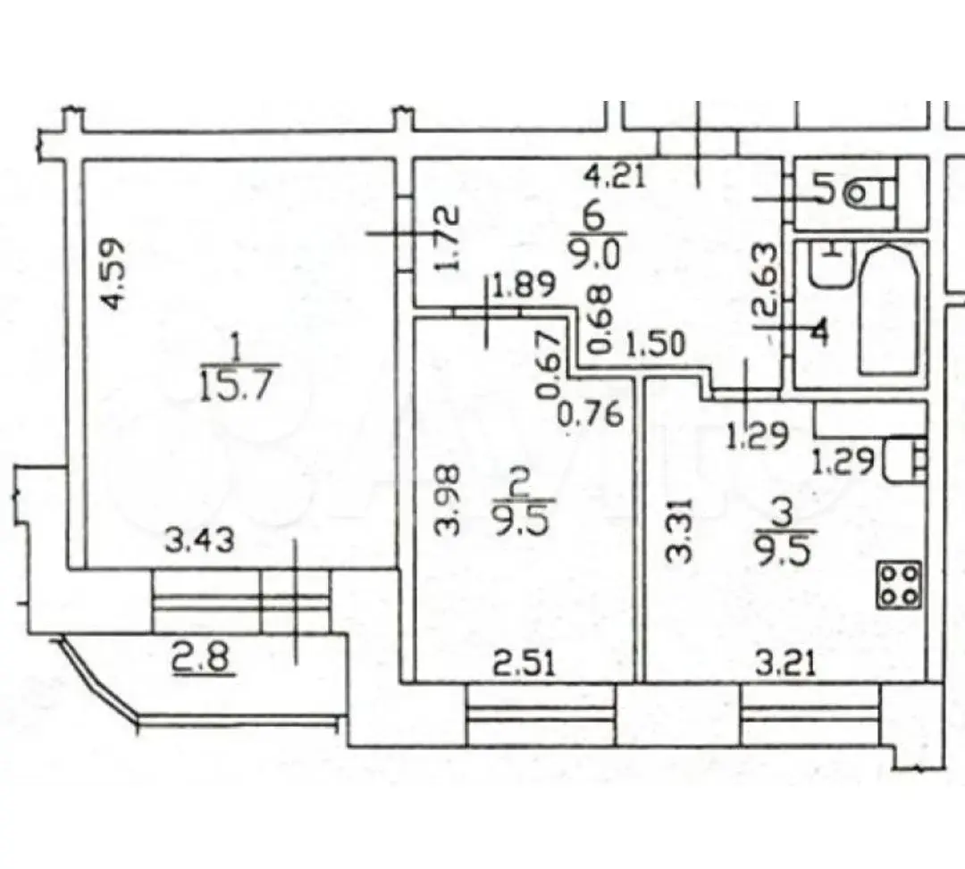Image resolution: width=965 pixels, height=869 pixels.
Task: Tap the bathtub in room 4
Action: [x=888, y=310]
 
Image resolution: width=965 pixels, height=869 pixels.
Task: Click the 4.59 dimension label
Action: [x=115, y=274]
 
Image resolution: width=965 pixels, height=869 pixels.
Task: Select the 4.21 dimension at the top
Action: [x=615, y=177]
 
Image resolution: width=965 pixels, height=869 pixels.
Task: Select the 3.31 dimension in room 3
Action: [x=680, y=531]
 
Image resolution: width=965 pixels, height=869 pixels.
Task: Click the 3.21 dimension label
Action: [x=785, y=664]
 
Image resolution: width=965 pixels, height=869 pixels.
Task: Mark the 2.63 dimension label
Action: [x=764, y=280]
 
